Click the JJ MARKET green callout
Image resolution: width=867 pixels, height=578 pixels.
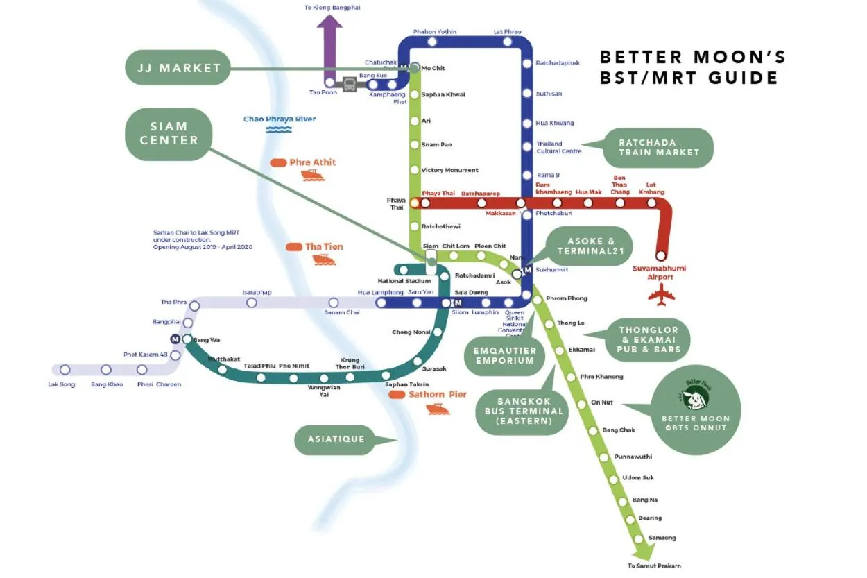point(178,68)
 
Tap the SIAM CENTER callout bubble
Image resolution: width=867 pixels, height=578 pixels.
point(169,133)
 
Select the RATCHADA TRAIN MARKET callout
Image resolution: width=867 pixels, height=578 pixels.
point(658,147)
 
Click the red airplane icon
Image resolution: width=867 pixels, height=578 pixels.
point(661,295)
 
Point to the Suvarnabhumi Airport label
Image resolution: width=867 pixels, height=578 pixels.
point(660,272)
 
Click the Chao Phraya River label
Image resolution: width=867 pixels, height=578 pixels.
point(280,119)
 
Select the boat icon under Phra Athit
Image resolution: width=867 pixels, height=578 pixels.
point(313,176)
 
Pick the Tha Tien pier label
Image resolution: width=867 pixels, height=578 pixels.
point(323,246)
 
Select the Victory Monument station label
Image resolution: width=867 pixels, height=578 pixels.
point(449,171)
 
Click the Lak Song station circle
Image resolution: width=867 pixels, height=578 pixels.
point(65,370)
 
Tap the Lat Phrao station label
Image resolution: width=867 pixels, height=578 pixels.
point(507,32)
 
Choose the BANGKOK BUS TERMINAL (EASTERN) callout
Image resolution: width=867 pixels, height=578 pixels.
point(524,411)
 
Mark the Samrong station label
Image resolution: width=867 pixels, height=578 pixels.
point(662,538)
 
